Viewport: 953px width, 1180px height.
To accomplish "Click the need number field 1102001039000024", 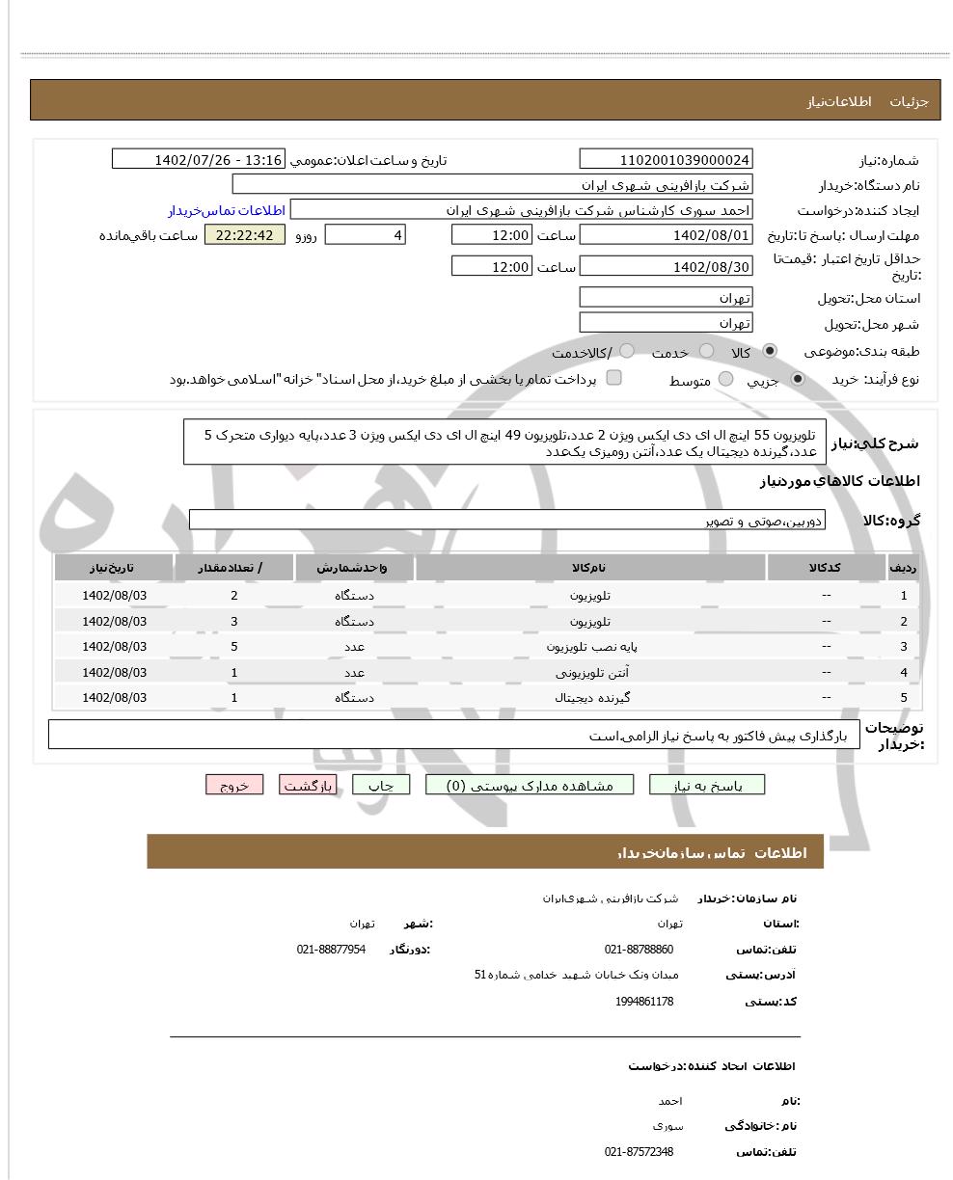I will click(666, 159).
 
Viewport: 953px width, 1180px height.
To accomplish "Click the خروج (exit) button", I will click(234, 785).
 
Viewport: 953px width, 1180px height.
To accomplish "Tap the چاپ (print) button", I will click(381, 785).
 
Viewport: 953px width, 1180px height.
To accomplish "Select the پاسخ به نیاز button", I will click(707, 785).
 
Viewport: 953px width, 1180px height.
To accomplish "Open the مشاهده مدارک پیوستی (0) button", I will click(531, 785).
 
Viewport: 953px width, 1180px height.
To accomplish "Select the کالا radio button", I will click(770, 351).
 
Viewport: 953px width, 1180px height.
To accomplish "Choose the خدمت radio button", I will click(707, 351).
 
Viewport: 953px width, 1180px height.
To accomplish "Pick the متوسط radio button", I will click(726, 380).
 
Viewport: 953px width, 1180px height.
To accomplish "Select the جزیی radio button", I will click(798, 380).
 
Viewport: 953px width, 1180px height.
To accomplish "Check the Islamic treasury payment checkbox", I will click(613, 378).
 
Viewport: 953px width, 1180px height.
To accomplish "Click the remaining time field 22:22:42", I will click(245, 235).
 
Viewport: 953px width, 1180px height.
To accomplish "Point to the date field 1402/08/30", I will click(666, 267).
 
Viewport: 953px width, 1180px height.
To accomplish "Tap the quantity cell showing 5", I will click(233, 646).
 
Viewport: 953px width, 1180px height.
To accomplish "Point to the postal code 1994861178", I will click(644, 1002).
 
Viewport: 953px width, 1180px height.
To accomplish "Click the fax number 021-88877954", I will click(331, 950).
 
